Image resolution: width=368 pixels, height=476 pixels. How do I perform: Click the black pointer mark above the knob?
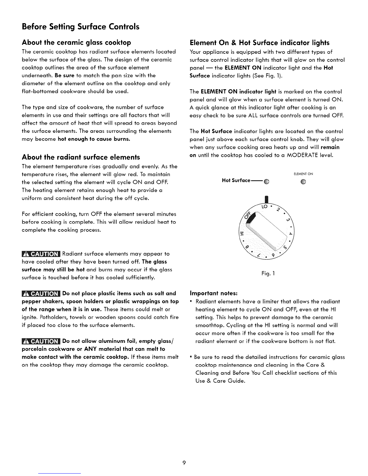(x=266, y=200)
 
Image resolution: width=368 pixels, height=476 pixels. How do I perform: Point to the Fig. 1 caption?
(x=267, y=273)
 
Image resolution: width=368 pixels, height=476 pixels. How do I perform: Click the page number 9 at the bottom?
(x=184, y=462)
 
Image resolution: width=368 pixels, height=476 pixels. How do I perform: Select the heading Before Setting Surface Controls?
(x=81, y=27)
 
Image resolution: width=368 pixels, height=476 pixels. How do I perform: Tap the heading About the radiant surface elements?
(x=81, y=157)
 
